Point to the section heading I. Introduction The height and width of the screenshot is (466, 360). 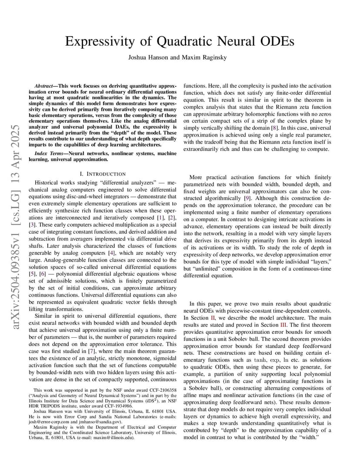(103, 174)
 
